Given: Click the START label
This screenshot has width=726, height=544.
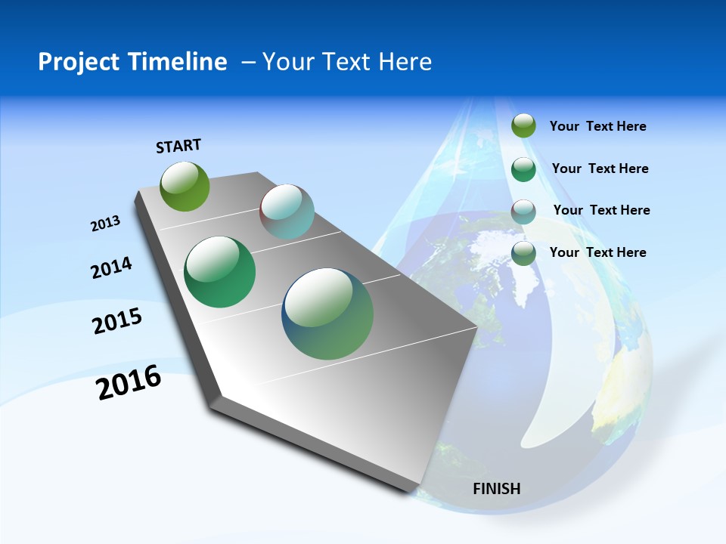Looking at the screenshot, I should pos(178,146).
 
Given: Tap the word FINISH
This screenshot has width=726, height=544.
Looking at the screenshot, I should pos(497,489).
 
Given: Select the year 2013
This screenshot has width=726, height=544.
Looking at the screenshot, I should pos(105,224).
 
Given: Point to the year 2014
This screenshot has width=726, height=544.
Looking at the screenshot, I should pos(111,267).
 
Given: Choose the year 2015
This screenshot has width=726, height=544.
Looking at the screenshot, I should pos(117,321).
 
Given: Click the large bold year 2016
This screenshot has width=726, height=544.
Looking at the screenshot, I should pos(129,382).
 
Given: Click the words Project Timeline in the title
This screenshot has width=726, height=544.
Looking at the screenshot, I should pos(132,62).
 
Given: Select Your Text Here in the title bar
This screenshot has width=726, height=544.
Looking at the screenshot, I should pos(347,62).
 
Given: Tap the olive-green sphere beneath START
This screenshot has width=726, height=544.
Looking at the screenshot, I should pos(185,186).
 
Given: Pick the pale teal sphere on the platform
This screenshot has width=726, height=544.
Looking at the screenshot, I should pos(287,212).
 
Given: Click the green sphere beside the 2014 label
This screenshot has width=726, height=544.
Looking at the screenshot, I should pos(219,272).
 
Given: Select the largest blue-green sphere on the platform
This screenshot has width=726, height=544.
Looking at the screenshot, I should pos(327,314).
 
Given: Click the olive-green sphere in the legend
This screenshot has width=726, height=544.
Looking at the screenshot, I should pos(523,125).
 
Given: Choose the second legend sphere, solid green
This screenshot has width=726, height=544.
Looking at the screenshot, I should pos(523,169).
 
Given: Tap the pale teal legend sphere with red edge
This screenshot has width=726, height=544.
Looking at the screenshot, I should pos(523,212).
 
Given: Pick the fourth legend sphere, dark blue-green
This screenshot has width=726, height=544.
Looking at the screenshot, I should pos(523,254).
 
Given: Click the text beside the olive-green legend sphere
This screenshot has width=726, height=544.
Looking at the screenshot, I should pos(597,126).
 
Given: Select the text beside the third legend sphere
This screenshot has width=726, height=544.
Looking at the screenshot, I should pos(601,210).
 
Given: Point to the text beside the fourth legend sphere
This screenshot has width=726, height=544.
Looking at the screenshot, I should pos(597,252).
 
